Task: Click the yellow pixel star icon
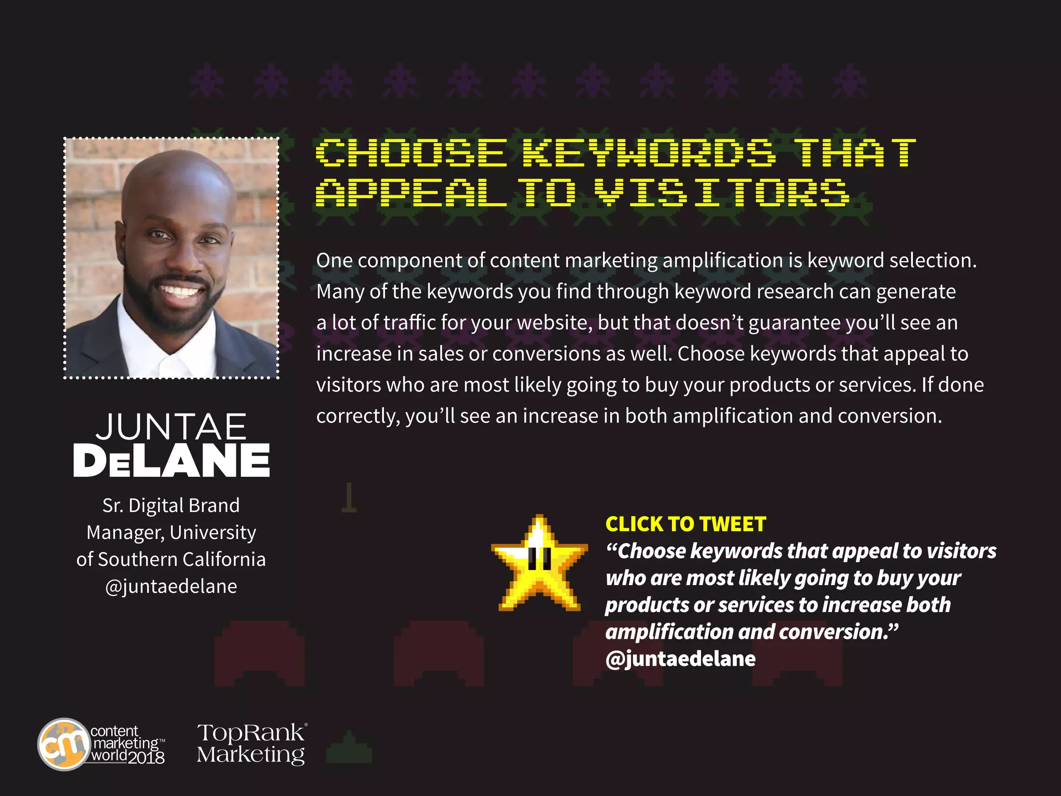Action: pos(539,564)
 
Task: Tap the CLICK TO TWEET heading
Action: pos(685,524)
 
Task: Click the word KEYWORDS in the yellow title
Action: pos(649,153)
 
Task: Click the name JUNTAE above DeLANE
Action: pos(171,427)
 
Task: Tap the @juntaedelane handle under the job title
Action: pos(171,586)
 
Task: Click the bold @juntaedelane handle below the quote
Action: pos(680,659)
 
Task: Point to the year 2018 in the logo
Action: pos(146,758)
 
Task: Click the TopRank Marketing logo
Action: pos(252,743)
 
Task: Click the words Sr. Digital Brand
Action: pos(171,505)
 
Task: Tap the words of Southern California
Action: pos(171,559)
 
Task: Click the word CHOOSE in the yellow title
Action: pos(411,153)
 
